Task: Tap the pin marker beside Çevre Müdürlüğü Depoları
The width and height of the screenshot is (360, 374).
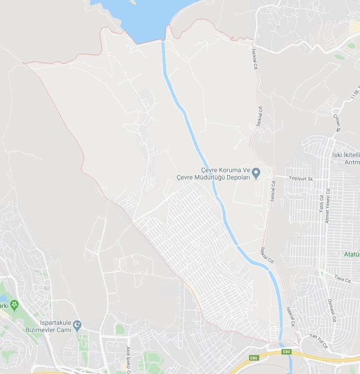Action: (256, 173)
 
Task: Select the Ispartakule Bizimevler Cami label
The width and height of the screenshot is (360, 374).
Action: (51, 325)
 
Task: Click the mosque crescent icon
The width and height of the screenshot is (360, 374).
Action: (77, 325)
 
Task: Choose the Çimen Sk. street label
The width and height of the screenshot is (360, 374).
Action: (337, 123)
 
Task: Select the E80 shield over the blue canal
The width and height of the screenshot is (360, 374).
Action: (286, 352)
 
